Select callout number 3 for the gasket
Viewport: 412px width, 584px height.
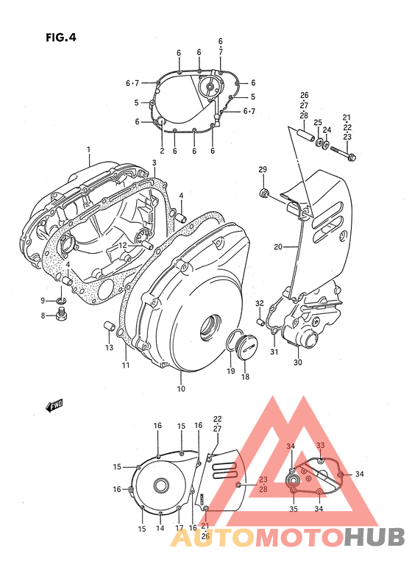click(154, 163)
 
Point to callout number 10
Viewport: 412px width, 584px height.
click(181, 388)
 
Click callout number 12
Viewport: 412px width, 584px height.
click(124, 245)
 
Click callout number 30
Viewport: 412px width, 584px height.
click(297, 362)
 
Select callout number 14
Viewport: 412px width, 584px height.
click(160, 528)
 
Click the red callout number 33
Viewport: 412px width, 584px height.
click(320, 446)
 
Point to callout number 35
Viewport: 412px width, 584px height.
click(293, 508)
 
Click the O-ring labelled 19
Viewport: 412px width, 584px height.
click(235, 339)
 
